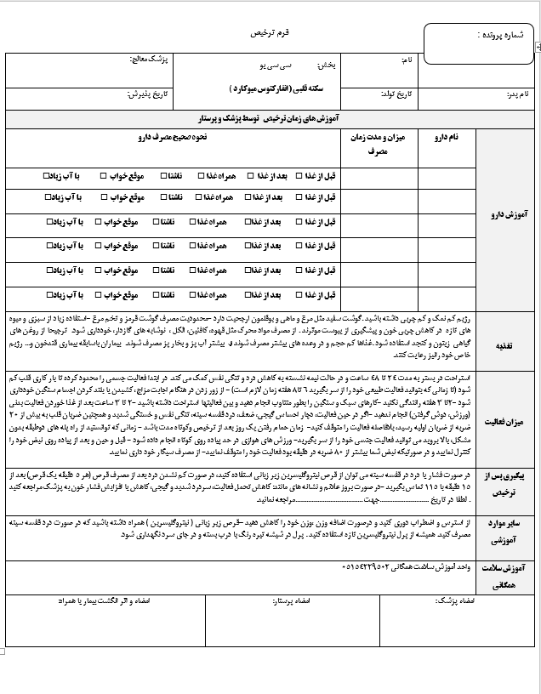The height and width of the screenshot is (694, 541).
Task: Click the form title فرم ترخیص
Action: pyautogui.click(x=270, y=31)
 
